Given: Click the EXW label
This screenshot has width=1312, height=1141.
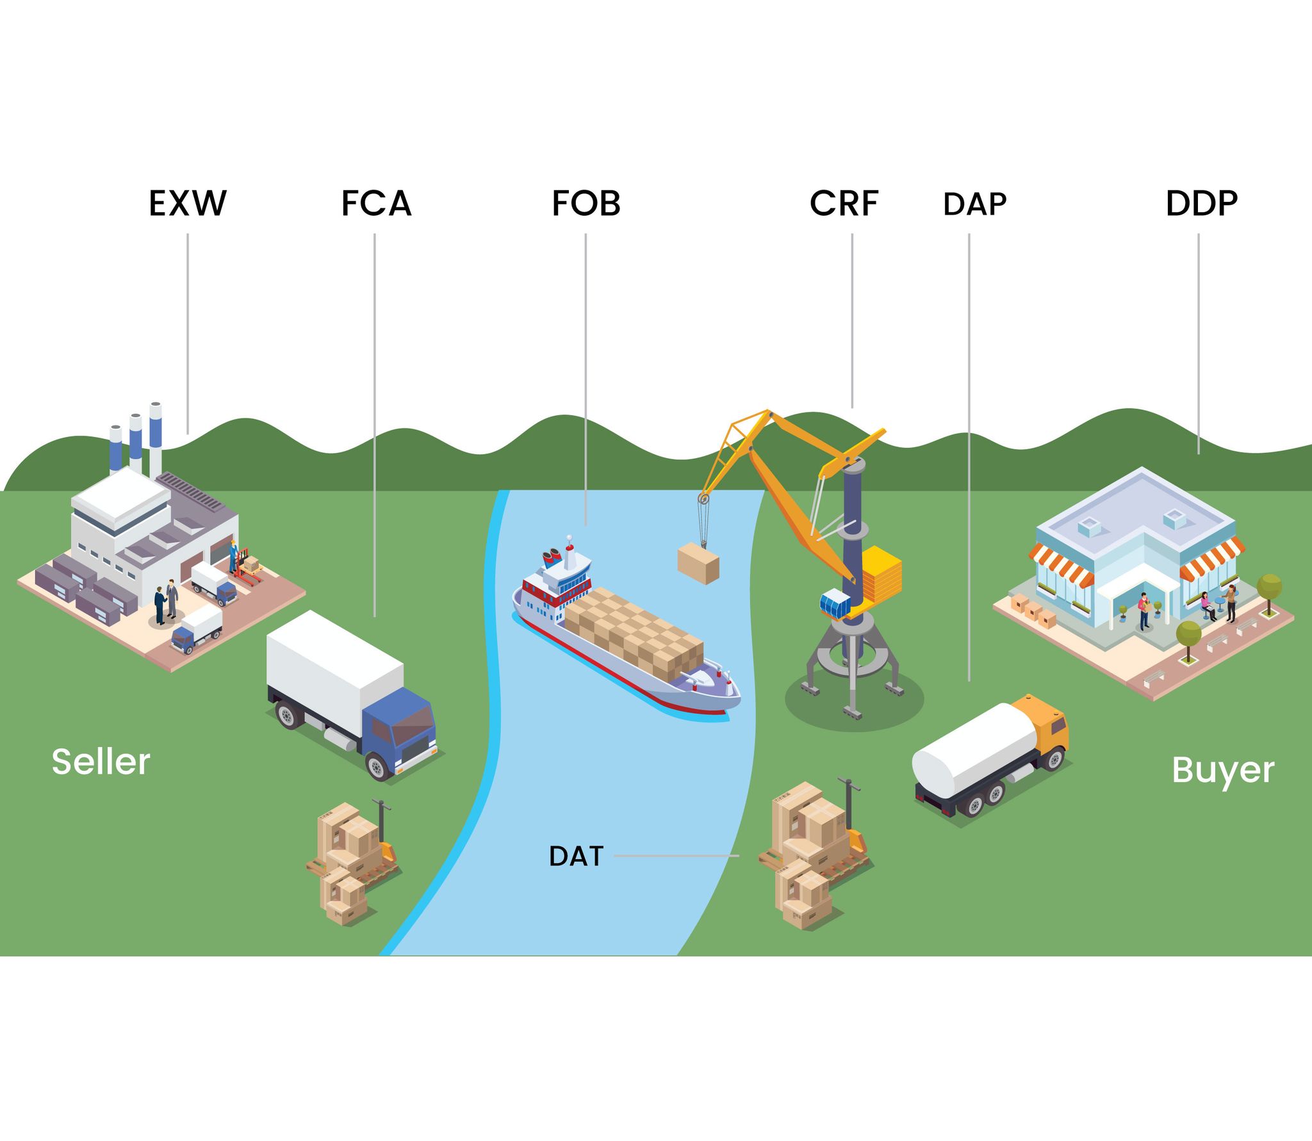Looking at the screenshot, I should pyautogui.click(x=187, y=203).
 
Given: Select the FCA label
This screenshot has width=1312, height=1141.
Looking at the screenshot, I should pyautogui.click(x=376, y=203).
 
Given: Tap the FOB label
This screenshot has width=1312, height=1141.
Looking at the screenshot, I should pyautogui.click(x=586, y=203).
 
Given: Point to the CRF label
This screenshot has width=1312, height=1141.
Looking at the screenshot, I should pyautogui.click(x=844, y=203).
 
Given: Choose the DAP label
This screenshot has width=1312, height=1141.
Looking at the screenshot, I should pyautogui.click(x=974, y=204).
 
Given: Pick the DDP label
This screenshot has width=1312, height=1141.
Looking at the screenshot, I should pyautogui.click(x=1201, y=203).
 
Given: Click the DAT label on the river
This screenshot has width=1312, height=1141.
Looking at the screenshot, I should pyautogui.click(x=576, y=856).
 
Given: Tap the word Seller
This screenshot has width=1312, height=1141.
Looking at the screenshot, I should pyautogui.click(x=101, y=762).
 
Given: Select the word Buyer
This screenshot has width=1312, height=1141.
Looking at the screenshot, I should pyautogui.click(x=1222, y=769).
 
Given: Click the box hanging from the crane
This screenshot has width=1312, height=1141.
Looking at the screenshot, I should pyautogui.click(x=698, y=563).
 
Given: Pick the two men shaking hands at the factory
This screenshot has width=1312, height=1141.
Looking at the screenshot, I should pyautogui.click(x=166, y=600).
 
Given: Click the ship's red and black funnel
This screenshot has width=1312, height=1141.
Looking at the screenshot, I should pyautogui.click(x=552, y=557).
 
